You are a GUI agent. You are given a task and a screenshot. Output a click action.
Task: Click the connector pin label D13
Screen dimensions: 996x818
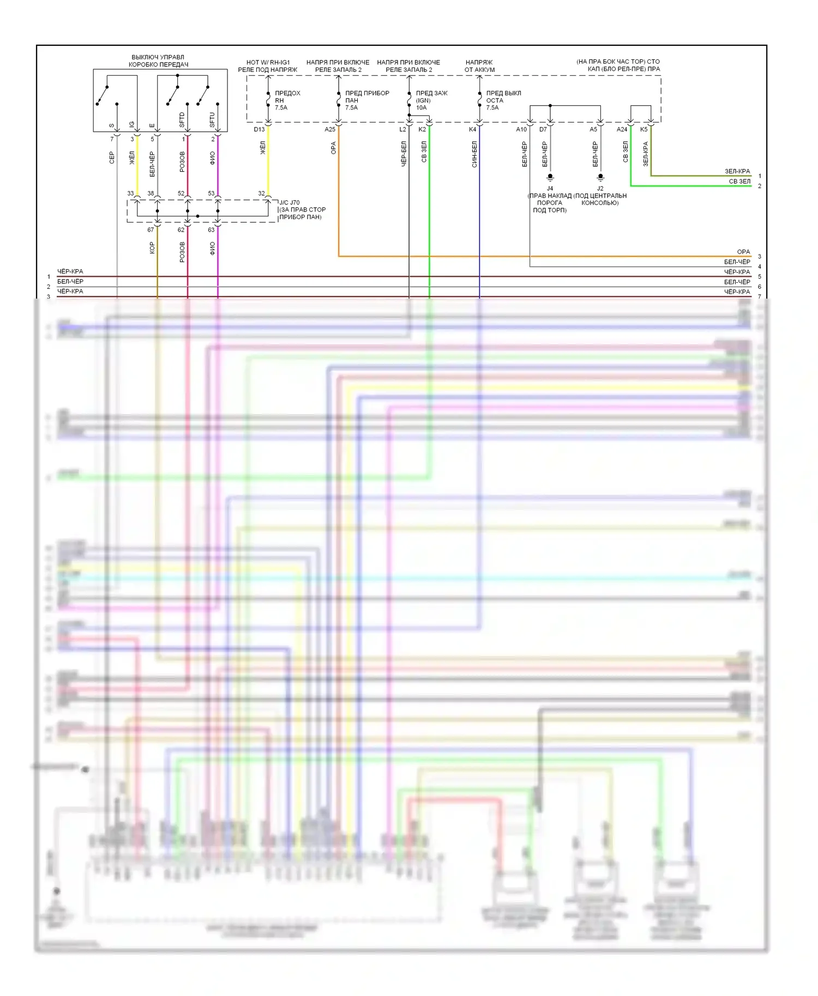tap(259, 130)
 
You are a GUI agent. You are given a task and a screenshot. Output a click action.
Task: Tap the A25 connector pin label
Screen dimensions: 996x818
tap(330, 130)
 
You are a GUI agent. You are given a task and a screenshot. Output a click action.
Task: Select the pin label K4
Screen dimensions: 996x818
tap(472, 130)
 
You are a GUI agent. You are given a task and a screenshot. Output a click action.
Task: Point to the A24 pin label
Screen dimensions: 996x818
tap(622, 130)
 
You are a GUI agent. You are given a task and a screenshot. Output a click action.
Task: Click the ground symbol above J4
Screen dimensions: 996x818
tap(550, 177)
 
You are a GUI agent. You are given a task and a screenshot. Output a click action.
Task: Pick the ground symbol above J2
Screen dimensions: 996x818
tap(600, 177)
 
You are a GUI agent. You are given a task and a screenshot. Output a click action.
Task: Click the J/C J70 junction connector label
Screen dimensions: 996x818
tap(290, 203)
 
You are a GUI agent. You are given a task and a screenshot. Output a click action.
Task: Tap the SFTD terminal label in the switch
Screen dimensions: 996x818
tap(182, 120)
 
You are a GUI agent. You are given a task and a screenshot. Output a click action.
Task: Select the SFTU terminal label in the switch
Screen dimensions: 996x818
tap(212, 120)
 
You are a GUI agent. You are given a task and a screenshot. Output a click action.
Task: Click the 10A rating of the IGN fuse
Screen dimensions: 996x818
tap(422, 108)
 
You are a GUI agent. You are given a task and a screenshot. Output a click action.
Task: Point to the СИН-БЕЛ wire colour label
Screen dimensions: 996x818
tap(474, 154)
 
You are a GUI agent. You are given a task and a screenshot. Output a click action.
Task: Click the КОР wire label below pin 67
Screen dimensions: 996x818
tap(152, 248)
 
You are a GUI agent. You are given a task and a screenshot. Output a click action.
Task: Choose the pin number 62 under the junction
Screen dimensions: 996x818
tap(181, 230)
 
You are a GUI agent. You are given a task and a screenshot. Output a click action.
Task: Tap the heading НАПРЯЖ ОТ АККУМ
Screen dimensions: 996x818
tap(479, 66)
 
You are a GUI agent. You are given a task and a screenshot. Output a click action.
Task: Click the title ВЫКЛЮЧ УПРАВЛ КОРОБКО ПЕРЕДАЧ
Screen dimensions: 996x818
tap(158, 61)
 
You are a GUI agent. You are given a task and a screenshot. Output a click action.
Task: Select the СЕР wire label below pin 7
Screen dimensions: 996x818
tap(112, 158)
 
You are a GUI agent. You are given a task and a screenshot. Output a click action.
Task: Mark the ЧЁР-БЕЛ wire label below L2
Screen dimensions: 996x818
tap(404, 154)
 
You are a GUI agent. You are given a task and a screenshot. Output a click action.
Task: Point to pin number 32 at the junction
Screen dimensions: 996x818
tap(261, 193)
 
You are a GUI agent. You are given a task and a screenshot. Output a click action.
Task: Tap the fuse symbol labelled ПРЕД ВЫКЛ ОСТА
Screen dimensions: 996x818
tap(479, 101)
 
